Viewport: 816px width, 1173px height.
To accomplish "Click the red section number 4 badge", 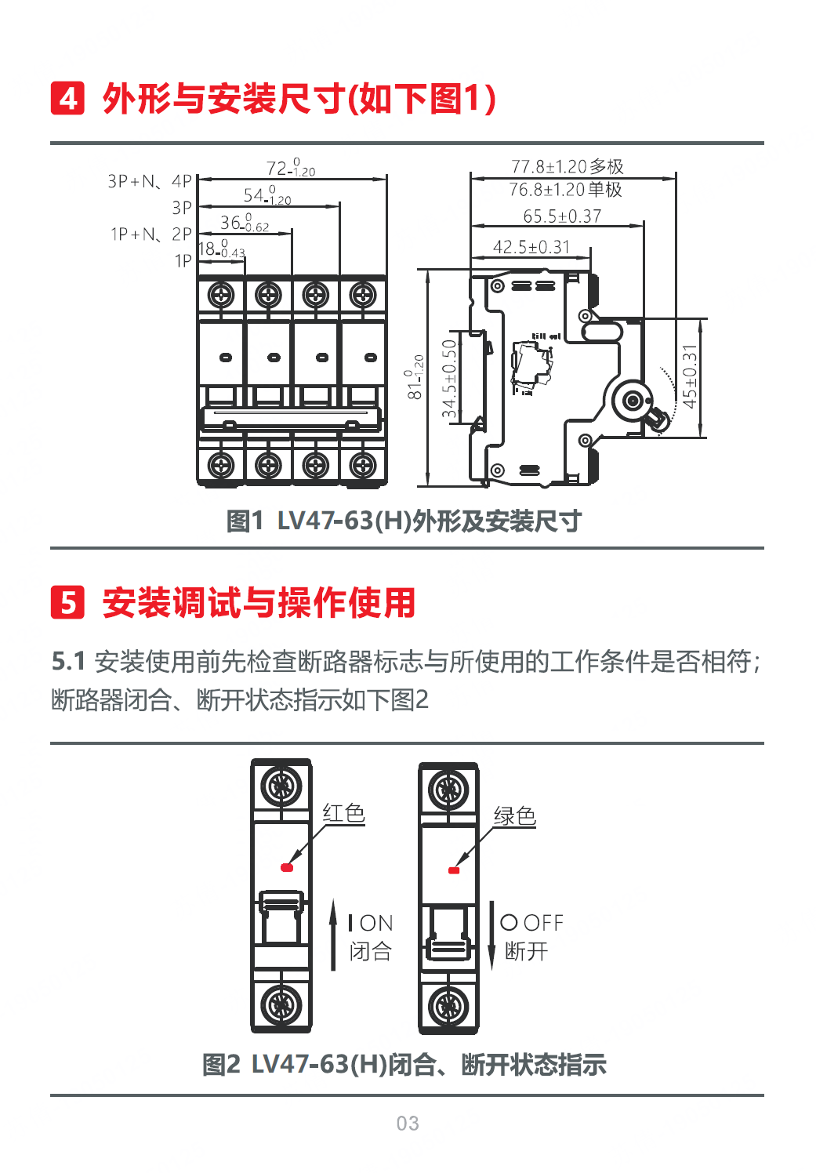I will coord(67,99).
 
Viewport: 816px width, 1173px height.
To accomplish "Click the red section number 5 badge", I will coord(67,602).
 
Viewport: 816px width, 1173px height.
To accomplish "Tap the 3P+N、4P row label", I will coord(150,182).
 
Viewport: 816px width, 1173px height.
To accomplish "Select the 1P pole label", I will coord(183,261).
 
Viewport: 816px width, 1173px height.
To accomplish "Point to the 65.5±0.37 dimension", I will coord(562,216).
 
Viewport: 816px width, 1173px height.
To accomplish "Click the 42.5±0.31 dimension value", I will coord(531,247).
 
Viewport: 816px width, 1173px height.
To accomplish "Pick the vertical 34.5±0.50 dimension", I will coord(449,379).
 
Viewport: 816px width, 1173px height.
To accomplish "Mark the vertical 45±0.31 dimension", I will coord(689,377).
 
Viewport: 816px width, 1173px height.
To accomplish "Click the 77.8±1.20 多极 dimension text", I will coord(567,167).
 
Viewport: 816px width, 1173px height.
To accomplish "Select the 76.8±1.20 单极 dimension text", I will coord(565,190).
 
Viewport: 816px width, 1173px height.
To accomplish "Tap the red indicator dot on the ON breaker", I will coord(287,867).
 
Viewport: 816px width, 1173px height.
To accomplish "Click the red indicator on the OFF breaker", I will coord(453,870).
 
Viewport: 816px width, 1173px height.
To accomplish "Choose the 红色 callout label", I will coord(343,813).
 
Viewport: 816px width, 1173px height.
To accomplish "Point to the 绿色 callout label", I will coord(514,816).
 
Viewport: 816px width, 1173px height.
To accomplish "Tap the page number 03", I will coord(408,1124).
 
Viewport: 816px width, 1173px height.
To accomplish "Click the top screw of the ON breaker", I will coord(281,786).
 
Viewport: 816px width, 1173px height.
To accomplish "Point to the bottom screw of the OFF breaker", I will coord(449,1005).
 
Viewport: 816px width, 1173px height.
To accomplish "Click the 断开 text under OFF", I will coord(526,951).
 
